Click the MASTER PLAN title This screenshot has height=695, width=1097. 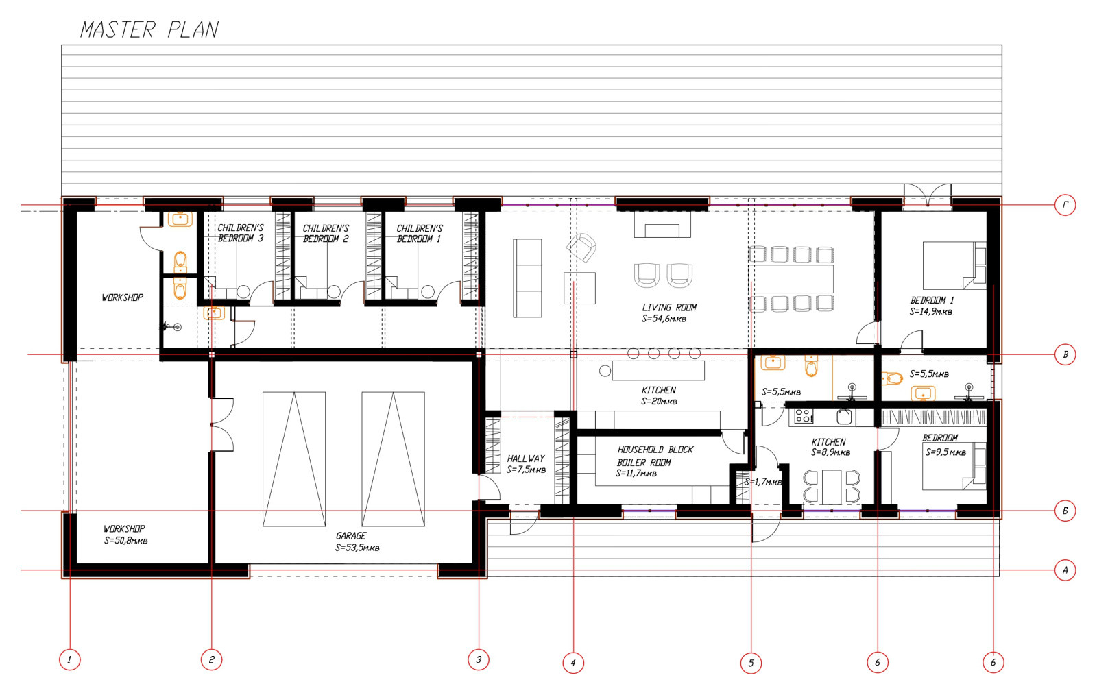point(149,30)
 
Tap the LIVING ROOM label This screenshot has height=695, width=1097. point(669,307)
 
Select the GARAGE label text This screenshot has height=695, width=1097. point(350,536)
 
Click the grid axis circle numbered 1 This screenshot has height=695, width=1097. point(69,659)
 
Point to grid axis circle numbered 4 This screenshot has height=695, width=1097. point(573,663)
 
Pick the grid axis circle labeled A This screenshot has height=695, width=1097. point(1065,570)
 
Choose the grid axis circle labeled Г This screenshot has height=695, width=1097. point(1065,205)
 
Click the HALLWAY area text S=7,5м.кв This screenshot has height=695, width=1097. point(526,470)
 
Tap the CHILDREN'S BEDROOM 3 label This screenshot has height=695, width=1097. point(240,233)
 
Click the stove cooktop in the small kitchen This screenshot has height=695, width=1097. point(803,415)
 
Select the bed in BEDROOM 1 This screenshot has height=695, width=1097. point(954,265)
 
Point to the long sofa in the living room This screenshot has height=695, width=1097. point(527,278)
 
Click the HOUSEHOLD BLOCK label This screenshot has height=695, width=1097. point(655,450)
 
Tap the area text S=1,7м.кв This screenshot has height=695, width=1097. point(763,482)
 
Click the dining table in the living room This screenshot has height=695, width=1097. point(791,279)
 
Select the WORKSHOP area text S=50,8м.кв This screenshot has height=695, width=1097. point(125,540)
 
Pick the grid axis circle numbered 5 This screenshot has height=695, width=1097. point(751,663)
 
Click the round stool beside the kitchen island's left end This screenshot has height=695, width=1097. point(605,371)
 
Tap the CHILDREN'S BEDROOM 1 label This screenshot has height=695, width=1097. point(419,234)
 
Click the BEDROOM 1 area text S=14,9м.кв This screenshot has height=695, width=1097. point(930,312)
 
